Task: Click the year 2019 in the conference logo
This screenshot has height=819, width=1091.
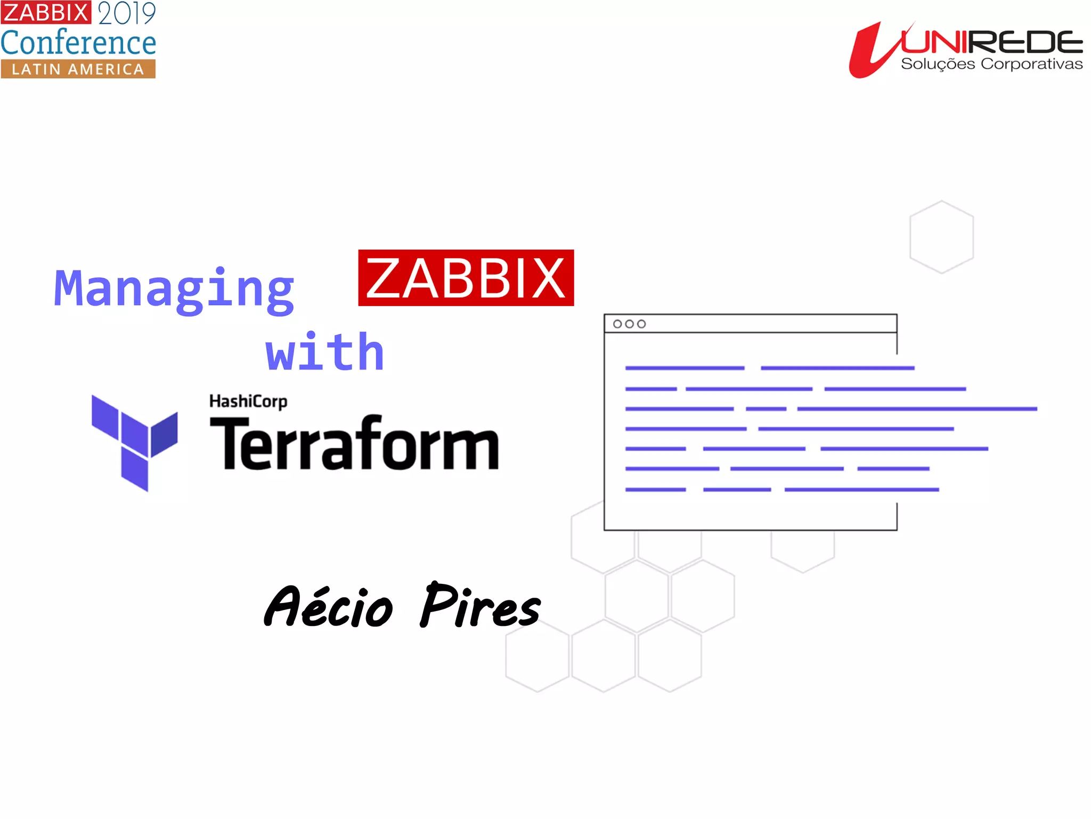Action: (x=127, y=13)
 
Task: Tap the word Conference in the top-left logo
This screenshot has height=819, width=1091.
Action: (x=78, y=43)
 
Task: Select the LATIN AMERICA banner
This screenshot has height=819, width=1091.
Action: (x=78, y=69)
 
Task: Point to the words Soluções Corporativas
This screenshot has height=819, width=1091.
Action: (x=991, y=64)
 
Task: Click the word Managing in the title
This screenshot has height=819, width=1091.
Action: (x=174, y=289)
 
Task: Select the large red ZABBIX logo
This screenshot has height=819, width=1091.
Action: (x=466, y=278)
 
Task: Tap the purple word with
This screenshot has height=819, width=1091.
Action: (x=325, y=352)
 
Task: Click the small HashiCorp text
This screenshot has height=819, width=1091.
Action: (x=248, y=401)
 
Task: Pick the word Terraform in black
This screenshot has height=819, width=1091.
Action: (x=354, y=444)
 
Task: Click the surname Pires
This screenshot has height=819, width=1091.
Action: (x=480, y=606)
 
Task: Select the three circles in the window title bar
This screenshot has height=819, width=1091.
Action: (x=629, y=324)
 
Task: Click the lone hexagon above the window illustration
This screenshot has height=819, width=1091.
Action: (x=941, y=237)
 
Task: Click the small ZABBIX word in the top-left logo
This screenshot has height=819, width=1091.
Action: (x=46, y=12)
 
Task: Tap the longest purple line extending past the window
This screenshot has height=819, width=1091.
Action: (x=917, y=409)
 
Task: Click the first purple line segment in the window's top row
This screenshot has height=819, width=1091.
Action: (x=685, y=368)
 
